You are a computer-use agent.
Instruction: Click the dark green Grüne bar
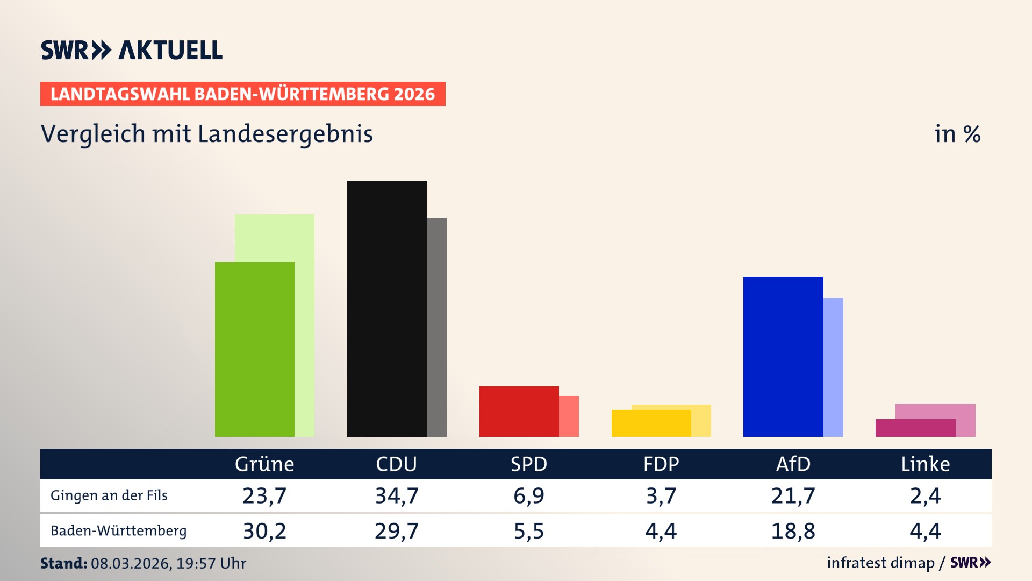pos(254,350)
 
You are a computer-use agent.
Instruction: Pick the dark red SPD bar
pos(519,412)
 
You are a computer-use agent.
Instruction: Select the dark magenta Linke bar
pos(915,428)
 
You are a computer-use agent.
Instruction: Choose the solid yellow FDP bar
pos(651,423)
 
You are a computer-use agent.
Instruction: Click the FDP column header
pos(661,464)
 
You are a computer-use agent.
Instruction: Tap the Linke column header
pos(925,464)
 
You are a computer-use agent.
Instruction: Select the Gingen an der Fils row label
pos(109,495)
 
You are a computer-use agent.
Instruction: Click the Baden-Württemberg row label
pos(118,531)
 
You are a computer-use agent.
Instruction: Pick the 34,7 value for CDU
pos(397,495)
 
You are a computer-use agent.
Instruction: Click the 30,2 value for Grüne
pos(264,531)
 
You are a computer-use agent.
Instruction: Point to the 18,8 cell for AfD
pos(793,531)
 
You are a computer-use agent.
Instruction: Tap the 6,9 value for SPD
pos(529,495)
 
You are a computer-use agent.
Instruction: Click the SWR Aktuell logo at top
pos(132,50)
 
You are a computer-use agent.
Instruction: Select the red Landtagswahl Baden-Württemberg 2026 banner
pos(242,94)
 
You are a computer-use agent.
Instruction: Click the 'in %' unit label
pos(957,134)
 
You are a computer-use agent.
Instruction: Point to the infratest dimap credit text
pos(880,563)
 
